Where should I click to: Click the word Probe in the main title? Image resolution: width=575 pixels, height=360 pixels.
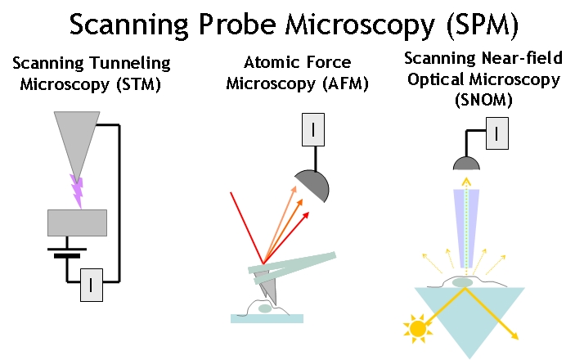point(236,25)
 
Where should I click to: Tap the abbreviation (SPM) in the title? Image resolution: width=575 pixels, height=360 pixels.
point(483,25)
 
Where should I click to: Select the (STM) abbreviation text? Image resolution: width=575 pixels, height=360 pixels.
point(138,84)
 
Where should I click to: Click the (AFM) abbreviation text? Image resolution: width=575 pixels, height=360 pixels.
point(345,83)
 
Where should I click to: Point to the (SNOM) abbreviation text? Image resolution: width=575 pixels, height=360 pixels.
point(483,99)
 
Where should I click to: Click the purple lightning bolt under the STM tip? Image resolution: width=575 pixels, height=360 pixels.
point(78,191)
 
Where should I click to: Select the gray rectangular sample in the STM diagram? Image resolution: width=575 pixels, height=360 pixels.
point(78,223)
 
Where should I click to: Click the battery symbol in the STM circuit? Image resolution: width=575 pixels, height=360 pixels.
point(67,253)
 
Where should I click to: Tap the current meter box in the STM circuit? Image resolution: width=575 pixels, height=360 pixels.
point(92,285)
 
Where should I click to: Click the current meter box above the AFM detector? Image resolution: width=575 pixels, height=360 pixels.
point(313,129)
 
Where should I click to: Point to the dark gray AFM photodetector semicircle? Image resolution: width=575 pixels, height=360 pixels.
point(314,186)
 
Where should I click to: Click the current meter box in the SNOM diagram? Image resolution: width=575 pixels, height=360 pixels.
point(497,133)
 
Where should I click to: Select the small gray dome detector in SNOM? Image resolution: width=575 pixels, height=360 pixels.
point(466,164)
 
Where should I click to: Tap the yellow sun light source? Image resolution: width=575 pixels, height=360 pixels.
point(417,328)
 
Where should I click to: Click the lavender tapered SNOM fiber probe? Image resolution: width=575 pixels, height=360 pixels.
point(466,228)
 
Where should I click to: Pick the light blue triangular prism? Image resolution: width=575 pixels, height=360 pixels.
point(469,316)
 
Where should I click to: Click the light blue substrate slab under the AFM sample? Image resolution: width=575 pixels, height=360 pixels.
point(267,318)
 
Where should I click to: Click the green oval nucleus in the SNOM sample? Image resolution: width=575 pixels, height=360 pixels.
point(462,282)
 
